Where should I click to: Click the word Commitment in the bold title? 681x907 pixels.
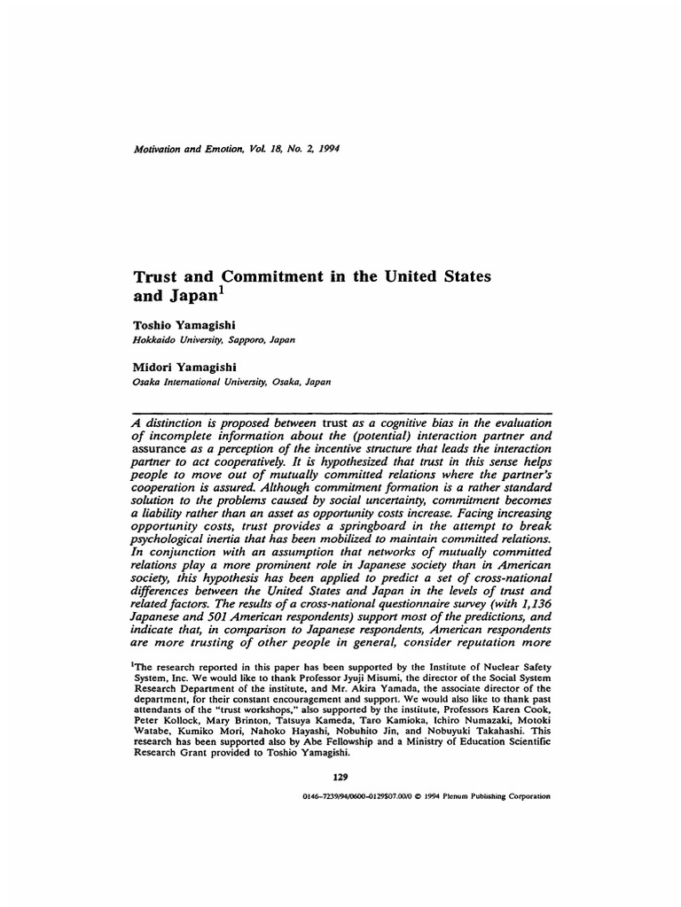(x=246, y=276)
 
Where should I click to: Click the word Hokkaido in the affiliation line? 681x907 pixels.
(x=154, y=339)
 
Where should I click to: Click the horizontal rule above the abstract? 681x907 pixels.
(x=340, y=413)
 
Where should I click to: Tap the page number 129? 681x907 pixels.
(x=340, y=777)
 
